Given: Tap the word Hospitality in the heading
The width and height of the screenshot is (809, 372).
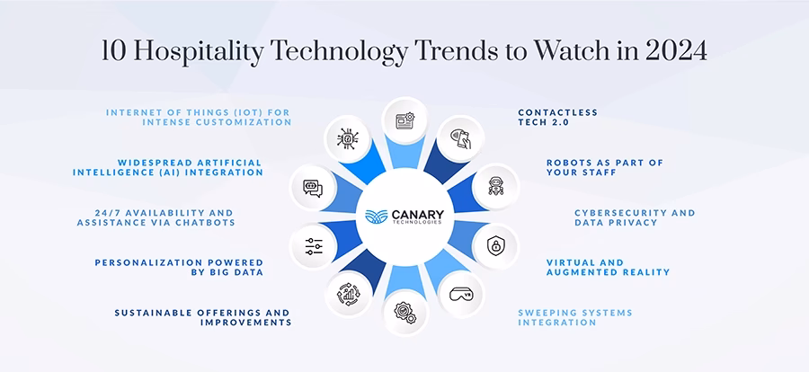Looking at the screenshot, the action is click(191, 52).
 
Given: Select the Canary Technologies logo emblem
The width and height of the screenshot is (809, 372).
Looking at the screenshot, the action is click(376, 217).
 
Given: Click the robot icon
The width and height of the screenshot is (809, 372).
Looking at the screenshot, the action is click(496, 186).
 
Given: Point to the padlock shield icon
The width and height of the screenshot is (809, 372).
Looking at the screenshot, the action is click(496, 245).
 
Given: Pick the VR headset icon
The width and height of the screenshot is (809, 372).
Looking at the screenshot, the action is click(460, 294).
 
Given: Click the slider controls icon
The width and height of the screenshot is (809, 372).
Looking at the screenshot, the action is click(313, 246).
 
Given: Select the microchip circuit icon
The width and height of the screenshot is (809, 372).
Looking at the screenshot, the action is click(347, 138).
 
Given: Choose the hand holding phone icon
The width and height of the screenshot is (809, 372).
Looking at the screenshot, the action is click(461, 138).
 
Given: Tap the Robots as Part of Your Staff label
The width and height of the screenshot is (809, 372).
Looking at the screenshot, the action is click(605, 167).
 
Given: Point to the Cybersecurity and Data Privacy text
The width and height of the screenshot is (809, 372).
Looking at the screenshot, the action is click(636, 217).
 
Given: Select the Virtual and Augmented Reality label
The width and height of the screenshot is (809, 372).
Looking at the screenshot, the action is click(609, 267).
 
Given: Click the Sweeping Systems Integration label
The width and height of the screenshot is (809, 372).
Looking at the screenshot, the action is click(575, 317).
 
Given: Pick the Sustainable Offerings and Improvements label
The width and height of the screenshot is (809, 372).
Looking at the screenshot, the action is click(203, 317).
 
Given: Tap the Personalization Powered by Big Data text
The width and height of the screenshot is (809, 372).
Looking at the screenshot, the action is click(179, 267).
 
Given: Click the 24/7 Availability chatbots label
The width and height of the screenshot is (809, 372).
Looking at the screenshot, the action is click(156, 217).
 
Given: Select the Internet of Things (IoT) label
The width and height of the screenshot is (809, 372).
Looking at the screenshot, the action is click(199, 117).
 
